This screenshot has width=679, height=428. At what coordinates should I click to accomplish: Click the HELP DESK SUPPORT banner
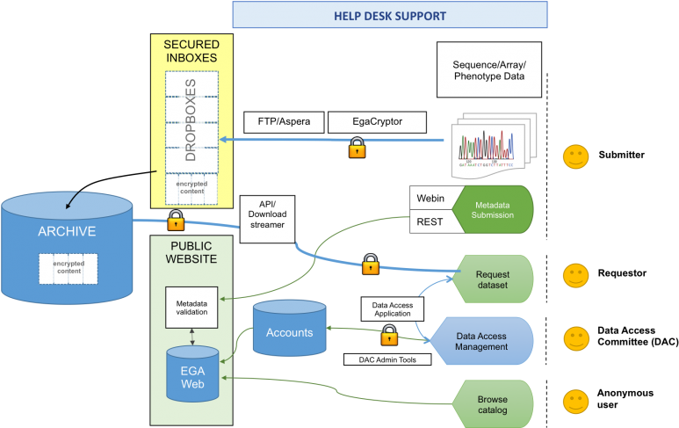389,15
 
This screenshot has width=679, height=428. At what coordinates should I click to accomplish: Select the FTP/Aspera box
283,122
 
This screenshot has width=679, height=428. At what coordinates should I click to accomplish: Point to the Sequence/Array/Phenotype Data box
489,69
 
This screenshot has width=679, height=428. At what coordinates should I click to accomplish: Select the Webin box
430,198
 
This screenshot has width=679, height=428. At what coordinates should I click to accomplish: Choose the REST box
430,223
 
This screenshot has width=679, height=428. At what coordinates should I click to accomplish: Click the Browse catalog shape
492,405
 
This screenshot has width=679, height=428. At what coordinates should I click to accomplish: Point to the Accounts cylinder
289,332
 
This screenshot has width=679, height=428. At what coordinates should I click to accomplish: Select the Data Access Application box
393,308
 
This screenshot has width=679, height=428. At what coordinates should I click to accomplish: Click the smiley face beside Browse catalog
576,403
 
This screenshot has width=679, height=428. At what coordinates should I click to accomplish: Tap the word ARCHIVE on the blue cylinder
67,232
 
